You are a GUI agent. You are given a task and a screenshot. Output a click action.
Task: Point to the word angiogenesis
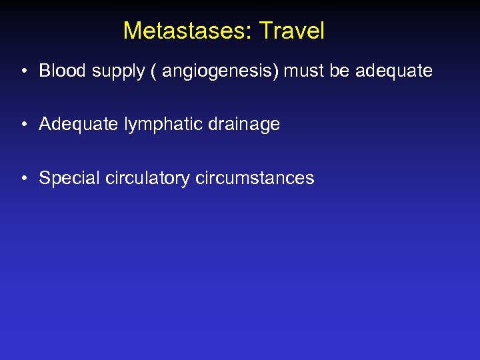click(x=217, y=71)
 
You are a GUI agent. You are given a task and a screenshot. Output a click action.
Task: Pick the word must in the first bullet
click(x=305, y=71)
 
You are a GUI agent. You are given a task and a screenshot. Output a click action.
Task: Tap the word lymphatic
click(x=147, y=125)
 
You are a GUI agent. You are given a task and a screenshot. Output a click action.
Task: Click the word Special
click(x=65, y=179)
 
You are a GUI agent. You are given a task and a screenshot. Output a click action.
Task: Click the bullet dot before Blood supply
click(x=23, y=71)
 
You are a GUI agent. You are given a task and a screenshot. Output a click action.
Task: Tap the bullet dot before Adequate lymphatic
click(x=23, y=124)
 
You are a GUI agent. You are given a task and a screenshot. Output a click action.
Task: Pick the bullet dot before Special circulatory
click(x=23, y=178)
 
